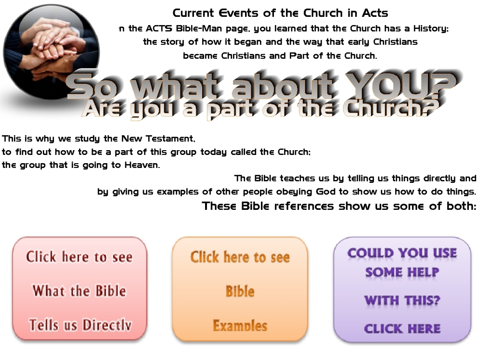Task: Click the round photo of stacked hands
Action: point(52,52)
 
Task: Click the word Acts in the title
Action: point(375,13)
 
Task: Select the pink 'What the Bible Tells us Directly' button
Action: point(80,289)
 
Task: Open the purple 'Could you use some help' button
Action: point(402,289)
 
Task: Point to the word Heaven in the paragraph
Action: point(142,165)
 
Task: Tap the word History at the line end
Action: point(431,28)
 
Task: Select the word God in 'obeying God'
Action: point(325,192)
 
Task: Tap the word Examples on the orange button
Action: point(240,325)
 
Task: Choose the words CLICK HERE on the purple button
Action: point(402,329)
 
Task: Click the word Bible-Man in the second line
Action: point(199,28)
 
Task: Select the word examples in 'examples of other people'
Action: point(177,192)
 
